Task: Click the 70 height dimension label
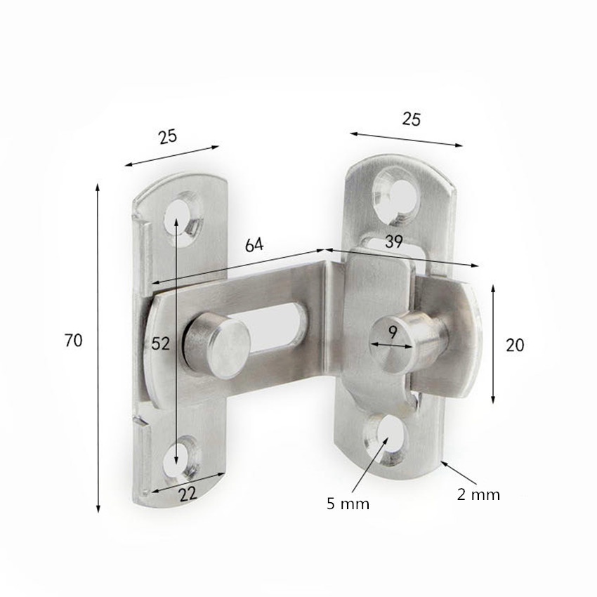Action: [74, 340]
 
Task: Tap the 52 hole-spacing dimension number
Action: [160, 344]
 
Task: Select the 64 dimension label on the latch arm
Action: [254, 245]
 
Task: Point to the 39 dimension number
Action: [394, 242]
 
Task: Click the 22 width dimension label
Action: [188, 494]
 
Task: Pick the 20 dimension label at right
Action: [515, 345]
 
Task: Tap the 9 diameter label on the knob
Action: [393, 333]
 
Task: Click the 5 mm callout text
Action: [348, 504]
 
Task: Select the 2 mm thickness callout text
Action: [478, 494]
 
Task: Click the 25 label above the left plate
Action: [168, 137]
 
